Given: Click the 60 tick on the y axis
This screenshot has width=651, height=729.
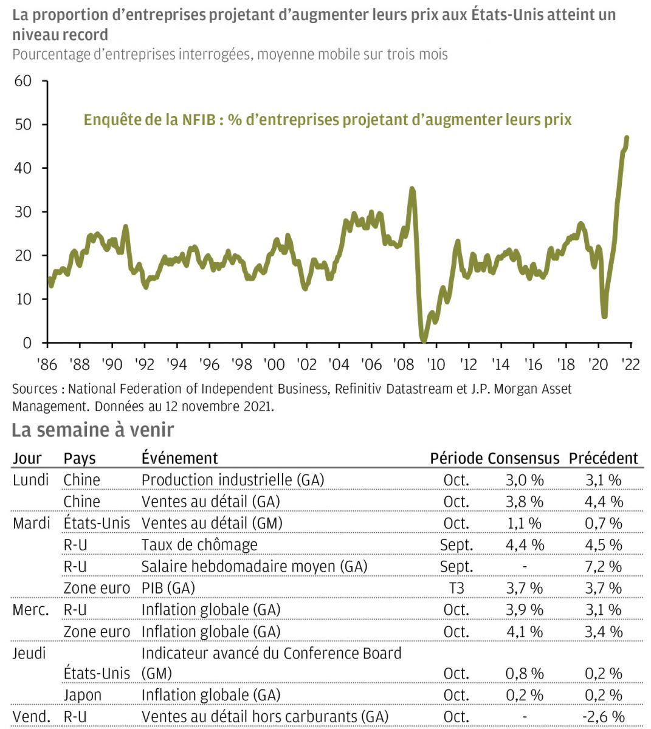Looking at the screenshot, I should pos(23,81).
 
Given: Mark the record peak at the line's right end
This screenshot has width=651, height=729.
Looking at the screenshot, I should pos(627,138).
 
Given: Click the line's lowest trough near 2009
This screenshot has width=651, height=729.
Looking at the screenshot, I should pos(424,340).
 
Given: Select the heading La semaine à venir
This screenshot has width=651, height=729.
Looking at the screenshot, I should pos(93,430).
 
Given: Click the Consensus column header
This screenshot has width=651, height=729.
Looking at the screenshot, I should pos(523,458).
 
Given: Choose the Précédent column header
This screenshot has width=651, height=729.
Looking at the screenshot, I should pos(604,458).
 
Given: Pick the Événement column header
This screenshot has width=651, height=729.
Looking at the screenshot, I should pos(179,458).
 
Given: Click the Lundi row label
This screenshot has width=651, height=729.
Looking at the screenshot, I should pos(30,480).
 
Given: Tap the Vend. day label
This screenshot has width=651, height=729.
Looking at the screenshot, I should pos(32,717).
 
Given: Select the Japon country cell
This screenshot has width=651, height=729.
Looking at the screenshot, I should pos(83,695).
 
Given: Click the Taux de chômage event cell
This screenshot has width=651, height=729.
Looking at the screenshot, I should pos(199,545).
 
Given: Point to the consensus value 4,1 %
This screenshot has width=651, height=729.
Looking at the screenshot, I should pos(524,632).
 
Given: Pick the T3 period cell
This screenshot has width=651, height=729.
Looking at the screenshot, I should pos(456,588).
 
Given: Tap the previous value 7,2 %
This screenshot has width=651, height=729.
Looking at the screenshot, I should pos(604,567).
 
